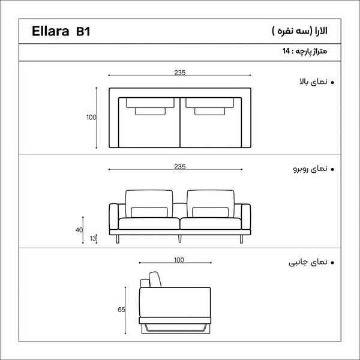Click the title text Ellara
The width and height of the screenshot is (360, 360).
[x=50, y=31]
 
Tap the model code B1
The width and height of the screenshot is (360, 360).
[x=83, y=31]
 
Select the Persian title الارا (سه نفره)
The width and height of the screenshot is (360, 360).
[x=299, y=31]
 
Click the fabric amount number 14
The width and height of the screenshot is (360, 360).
[x=286, y=51]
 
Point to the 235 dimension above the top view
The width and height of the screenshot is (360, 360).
[x=180, y=73]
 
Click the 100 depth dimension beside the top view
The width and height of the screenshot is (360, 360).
[x=91, y=118]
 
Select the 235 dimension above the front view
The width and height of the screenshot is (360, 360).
[x=180, y=167]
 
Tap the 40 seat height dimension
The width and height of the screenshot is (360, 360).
[x=79, y=230]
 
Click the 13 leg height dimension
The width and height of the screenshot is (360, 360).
[x=93, y=238]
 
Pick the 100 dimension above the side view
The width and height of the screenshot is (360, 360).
[x=179, y=260]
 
